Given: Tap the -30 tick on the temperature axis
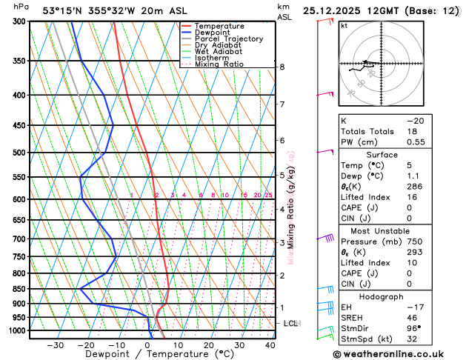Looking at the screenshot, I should point(55,345).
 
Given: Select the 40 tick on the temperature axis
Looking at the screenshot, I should point(270,345).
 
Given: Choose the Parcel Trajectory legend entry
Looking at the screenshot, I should point(228,39).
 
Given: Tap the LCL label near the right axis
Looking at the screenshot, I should point(290,324).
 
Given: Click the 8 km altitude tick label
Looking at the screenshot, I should point(282,67).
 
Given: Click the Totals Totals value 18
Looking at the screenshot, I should point(412,130).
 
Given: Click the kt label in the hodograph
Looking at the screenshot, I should point(344,25).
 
